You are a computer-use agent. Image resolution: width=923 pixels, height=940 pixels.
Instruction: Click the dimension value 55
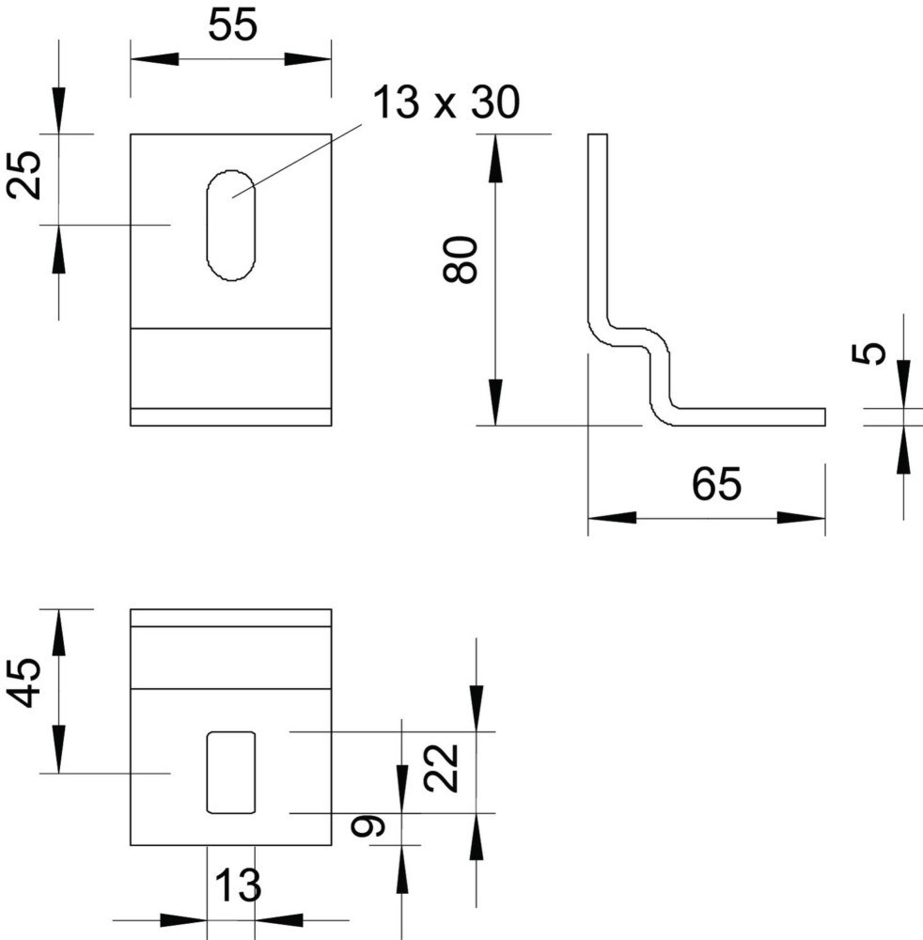click(232, 25)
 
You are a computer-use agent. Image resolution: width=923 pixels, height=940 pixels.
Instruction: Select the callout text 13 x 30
click(446, 102)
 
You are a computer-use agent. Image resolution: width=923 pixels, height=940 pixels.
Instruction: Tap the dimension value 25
click(25, 175)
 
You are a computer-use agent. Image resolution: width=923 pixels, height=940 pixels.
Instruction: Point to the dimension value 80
click(461, 259)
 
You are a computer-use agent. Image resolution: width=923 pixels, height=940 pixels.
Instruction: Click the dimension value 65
click(716, 484)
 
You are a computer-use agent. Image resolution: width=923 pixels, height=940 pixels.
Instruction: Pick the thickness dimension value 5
click(868, 352)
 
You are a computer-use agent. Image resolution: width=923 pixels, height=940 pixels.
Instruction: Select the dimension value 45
click(24, 682)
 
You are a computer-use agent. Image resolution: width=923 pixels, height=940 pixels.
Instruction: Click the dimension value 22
click(441, 768)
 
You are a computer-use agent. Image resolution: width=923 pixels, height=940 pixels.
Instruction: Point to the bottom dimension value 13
click(238, 885)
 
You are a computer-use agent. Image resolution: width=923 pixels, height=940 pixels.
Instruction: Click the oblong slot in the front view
click(231, 226)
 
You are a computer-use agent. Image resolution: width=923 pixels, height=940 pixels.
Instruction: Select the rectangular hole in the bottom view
click(231, 773)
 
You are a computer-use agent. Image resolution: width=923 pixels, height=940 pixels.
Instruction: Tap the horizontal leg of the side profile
click(749, 417)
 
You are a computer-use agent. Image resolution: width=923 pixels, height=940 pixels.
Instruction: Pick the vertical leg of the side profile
click(598, 227)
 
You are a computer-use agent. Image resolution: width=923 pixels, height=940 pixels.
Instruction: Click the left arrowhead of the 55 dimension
click(155, 59)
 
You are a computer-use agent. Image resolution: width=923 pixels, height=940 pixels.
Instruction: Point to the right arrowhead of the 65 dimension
click(802, 517)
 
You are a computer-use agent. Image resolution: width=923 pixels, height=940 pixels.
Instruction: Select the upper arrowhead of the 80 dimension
click(495, 158)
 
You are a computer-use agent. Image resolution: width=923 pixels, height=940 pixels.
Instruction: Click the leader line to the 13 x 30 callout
click(297, 161)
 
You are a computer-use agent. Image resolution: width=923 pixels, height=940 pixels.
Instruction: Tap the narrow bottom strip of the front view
click(231, 417)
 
